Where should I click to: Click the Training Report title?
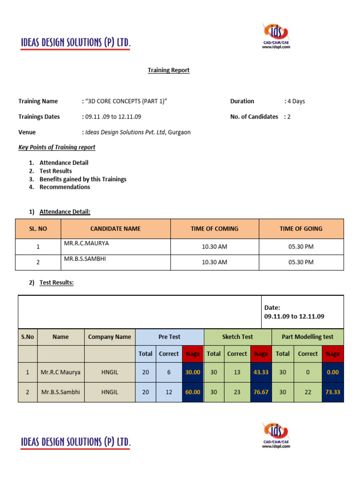coord(169,70)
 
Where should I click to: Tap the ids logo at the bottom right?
coord(276,434)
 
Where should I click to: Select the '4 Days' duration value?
coord(296,101)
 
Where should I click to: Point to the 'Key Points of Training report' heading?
coord(57,147)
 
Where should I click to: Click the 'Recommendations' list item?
coord(65,187)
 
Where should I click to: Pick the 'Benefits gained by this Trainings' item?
coord(83,179)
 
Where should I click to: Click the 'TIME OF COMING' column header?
coord(214,229)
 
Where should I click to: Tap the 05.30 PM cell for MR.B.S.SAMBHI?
coord(301,262)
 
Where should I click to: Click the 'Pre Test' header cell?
coord(169,337)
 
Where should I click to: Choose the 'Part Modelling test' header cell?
coord(307,337)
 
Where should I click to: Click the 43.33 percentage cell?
coord(261,372)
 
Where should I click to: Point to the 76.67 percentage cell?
coord(261,392)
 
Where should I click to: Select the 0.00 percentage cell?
coord(332,372)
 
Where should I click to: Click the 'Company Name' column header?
coord(110,337)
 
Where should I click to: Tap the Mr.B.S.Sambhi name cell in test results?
coord(60,392)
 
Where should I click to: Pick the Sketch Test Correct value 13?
coord(237,372)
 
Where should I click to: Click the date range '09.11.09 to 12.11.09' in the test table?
coord(294,316)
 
